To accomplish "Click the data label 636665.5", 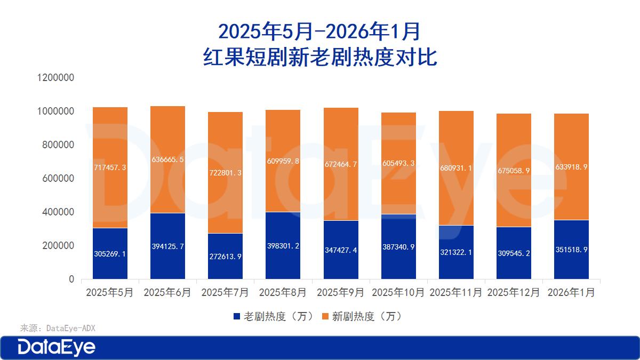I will [167, 159].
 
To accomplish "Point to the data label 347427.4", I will [341, 250].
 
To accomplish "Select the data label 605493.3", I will [398, 163].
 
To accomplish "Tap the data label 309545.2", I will [514, 253].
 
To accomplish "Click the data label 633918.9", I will [571, 167].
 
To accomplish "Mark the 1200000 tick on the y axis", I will [55, 78].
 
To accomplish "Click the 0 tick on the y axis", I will [71, 279].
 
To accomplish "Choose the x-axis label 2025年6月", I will [167, 293].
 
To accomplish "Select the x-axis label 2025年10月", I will [398, 293].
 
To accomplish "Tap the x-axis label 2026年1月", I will [571, 293].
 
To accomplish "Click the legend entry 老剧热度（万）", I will [273, 316].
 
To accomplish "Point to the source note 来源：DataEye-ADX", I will [58, 328].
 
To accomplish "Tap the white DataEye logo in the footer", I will [57, 347].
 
